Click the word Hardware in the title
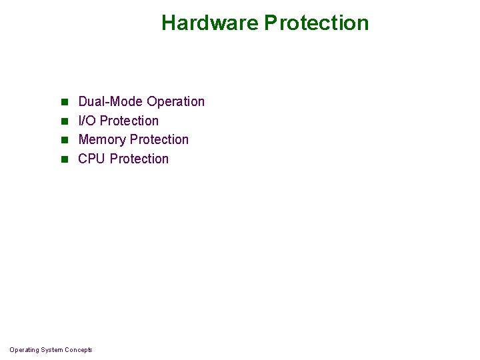[x=210, y=23]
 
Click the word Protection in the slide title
[x=317, y=23]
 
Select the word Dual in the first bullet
[x=92, y=101]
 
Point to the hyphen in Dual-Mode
[x=107, y=102]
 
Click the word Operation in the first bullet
[x=175, y=101]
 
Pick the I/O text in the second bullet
[x=87, y=121]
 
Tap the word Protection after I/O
[x=129, y=121]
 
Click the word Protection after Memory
[x=159, y=139]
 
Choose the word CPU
[x=91, y=159]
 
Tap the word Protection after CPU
[x=139, y=159]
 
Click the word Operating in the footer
[x=24, y=350]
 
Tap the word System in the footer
[x=53, y=350]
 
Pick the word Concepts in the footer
[x=79, y=350]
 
